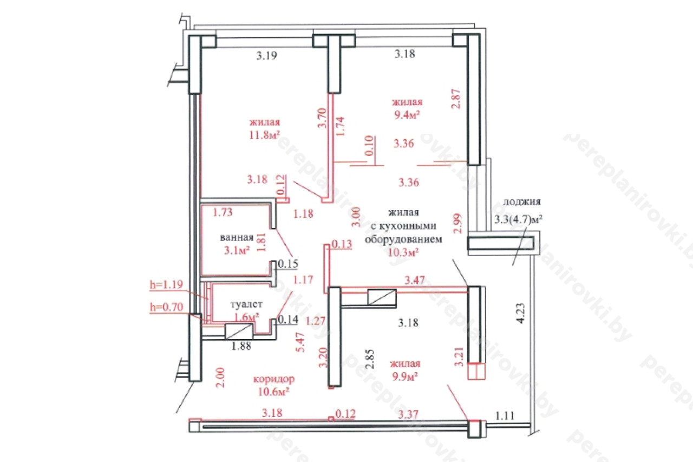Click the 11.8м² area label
point(265,135)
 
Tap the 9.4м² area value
point(407,115)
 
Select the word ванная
point(237,237)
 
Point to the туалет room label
point(246,304)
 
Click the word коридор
point(274,379)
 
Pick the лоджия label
point(522,202)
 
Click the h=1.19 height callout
point(166,284)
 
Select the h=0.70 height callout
point(166,307)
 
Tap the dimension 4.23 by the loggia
point(521,314)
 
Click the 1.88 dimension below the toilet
point(241,346)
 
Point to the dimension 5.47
point(300,342)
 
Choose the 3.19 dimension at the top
point(267,56)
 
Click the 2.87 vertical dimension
point(456,99)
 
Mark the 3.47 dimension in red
point(415,280)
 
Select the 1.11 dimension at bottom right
point(505,416)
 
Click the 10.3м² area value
point(403,252)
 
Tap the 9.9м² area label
point(405,376)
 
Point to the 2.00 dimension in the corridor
point(220,378)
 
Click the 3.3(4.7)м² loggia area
point(518,219)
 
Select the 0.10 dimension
point(369,146)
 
